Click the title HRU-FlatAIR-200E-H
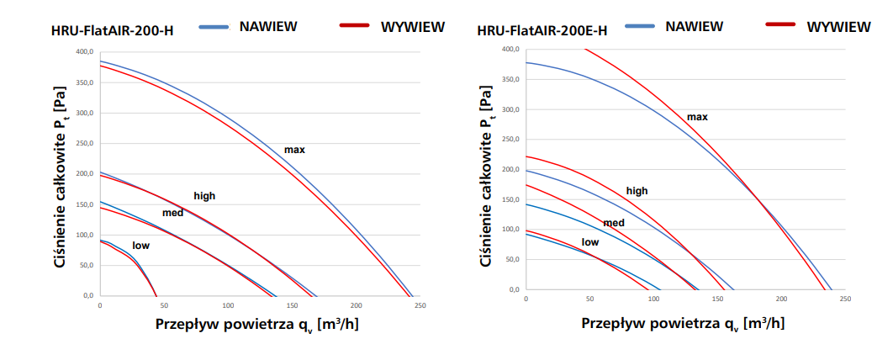pyautogui.click(x=542, y=31)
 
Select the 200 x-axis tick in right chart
pyautogui.click(x=781, y=299)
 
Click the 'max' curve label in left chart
pyautogui.click(x=293, y=150)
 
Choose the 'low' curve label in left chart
pyautogui.click(x=141, y=246)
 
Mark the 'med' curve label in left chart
pyautogui.click(x=172, y=213)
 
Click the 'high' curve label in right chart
pyautogui.click(x=637, y=191)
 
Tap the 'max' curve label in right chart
pyautogui.click(x=697, y=117)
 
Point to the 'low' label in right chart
pyautogui.click(x=590, y=242)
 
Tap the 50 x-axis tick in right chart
pyautogui.click(x=589, y=299)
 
